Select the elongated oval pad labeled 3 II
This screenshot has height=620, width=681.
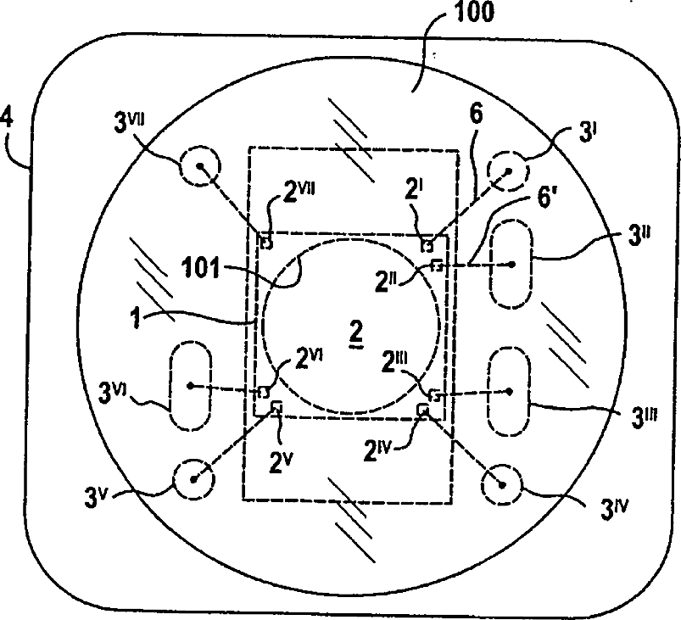[x=511, y=264]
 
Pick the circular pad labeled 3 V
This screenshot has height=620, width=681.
[x=193, y=479]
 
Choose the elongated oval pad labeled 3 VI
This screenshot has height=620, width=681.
[x=192, y=386]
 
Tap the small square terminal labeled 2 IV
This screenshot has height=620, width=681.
[x=422, y=410]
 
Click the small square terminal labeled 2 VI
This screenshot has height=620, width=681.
[x=264, y=392]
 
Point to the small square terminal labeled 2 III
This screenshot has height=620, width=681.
[x=435, y=394]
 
